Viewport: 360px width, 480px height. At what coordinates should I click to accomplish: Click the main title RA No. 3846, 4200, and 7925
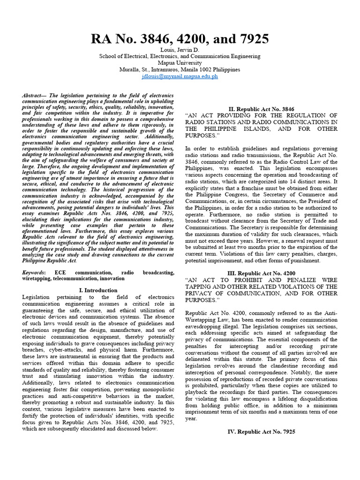tap(180, 39)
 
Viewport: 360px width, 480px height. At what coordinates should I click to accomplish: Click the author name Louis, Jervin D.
tap(180, 50)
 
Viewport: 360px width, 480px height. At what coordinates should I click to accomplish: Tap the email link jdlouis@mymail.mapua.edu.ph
tap(180, 76)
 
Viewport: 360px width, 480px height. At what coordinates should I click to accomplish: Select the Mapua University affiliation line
tap(180, 63)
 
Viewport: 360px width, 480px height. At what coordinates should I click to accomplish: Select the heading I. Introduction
tap(98, 290)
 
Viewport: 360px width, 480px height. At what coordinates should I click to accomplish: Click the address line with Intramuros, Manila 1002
tap(180, 69)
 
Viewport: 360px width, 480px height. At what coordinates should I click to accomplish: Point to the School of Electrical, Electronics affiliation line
tap(180, 56)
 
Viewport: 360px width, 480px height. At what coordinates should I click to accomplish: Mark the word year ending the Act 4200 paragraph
tap(191, 418)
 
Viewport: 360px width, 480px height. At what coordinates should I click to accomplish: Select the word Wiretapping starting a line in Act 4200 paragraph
tap(202, 320)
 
